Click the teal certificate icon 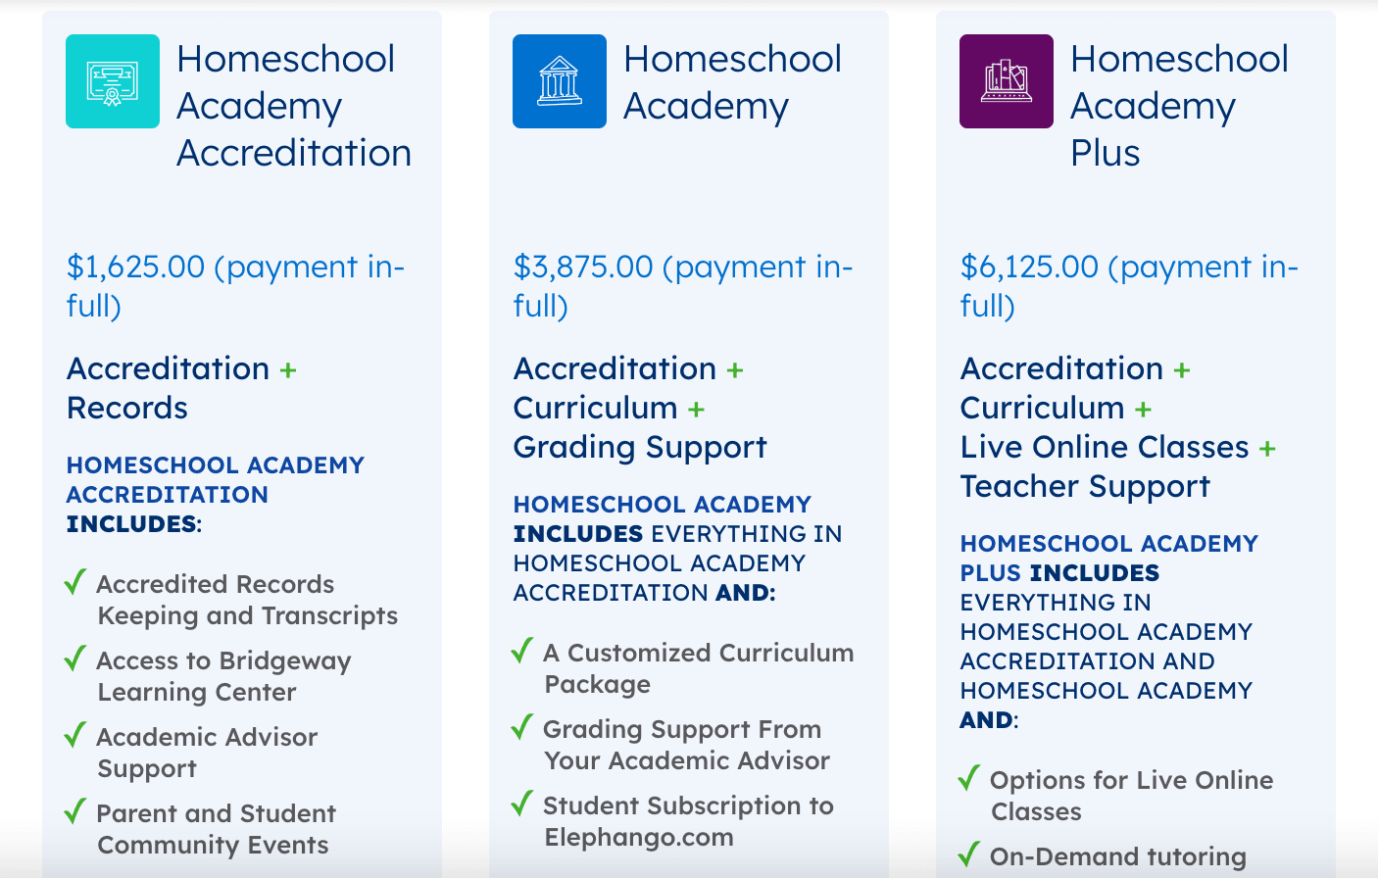click(112, 81)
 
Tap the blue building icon click(559, 81)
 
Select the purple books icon click(1006, 81)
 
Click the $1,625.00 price click(135, 267)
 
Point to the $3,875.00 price click(582, 267)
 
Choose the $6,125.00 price click(1029, 267)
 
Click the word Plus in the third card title click(1105, 153)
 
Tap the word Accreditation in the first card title click(293, 153)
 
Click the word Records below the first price click(126, 408)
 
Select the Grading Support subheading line click(639, 447)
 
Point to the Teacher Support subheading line click(1085, 486)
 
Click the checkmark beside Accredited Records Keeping click(75, 582)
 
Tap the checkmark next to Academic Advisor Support click(75, 735)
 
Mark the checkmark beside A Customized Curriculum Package click(522, 651)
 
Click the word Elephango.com click(638, 837)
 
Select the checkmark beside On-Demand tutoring click(969, 854)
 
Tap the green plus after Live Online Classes click(1267, 449)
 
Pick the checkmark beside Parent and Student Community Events click(75, 811)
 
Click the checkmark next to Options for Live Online click(969, 778)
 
